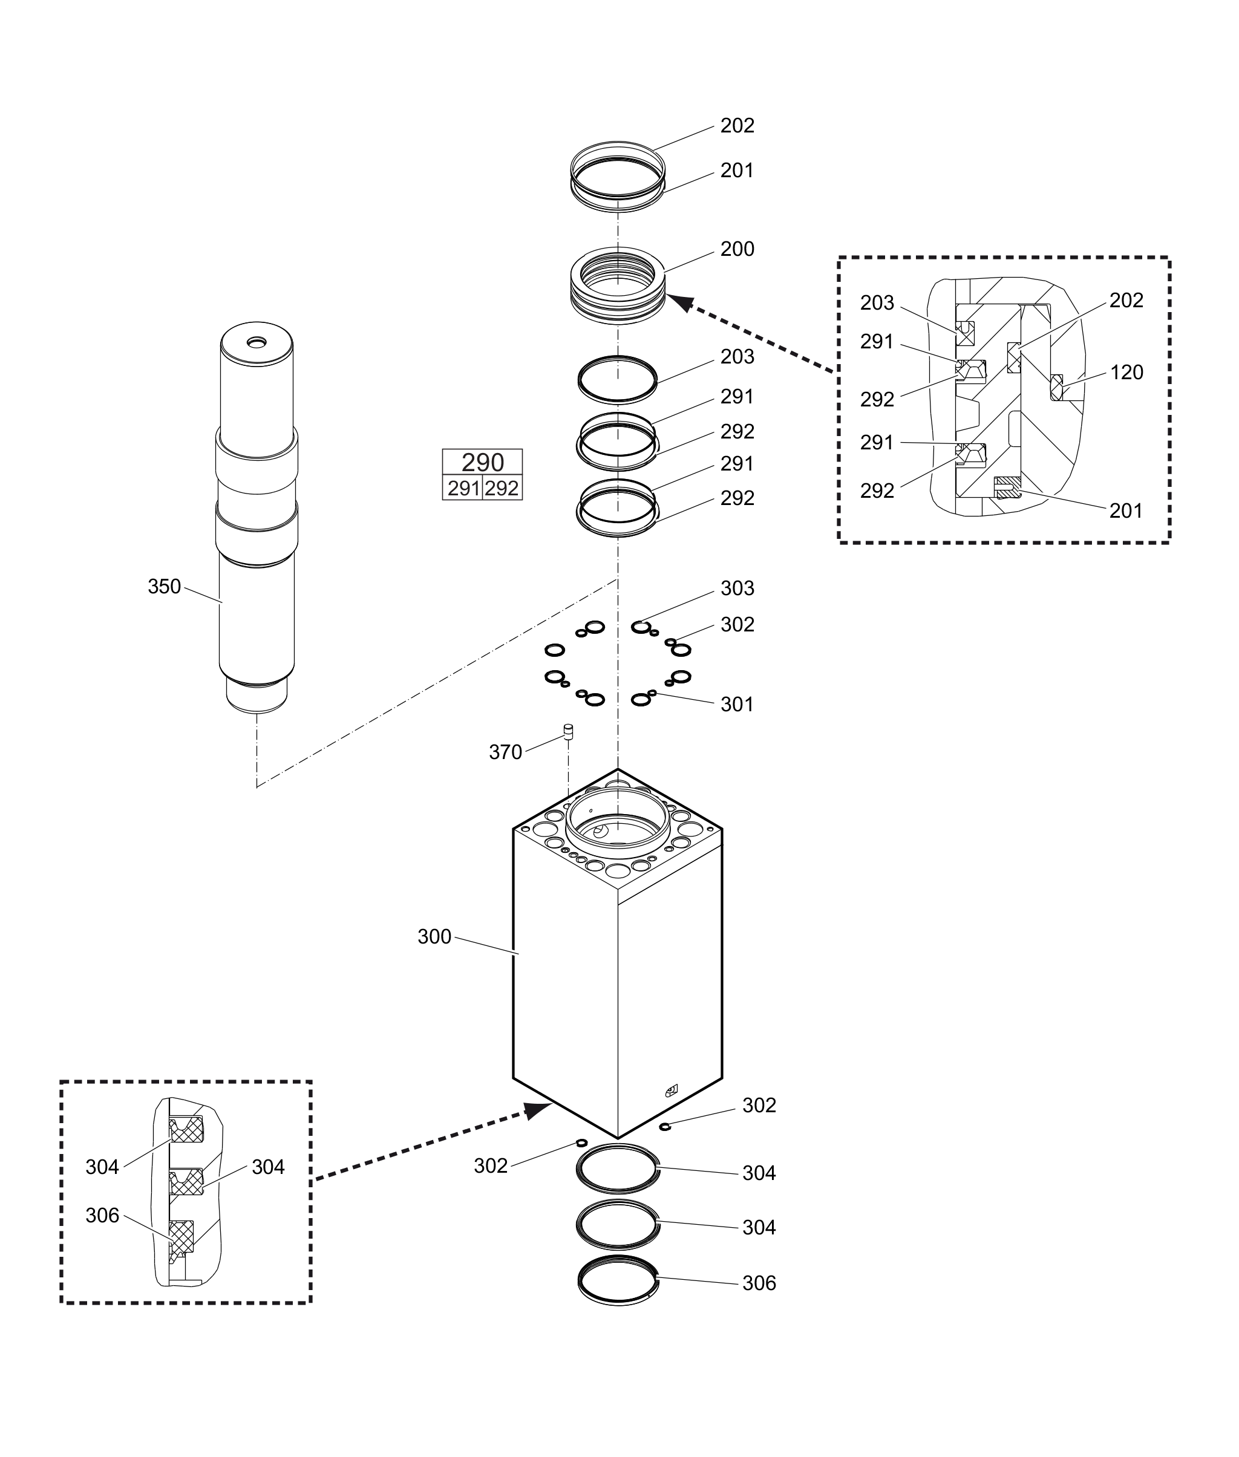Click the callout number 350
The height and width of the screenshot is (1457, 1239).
click(165, 586)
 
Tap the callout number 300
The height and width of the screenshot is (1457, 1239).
click(434, 937)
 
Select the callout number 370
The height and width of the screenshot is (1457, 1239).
click(506, 752)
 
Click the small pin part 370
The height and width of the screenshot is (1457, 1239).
click(568, 732)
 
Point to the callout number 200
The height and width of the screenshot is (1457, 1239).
click(737, 249)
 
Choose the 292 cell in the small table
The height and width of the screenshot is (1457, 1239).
click(502, 488)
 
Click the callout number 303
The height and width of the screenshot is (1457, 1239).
click(737, 588)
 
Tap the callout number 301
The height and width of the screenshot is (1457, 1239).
click(737, 704)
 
